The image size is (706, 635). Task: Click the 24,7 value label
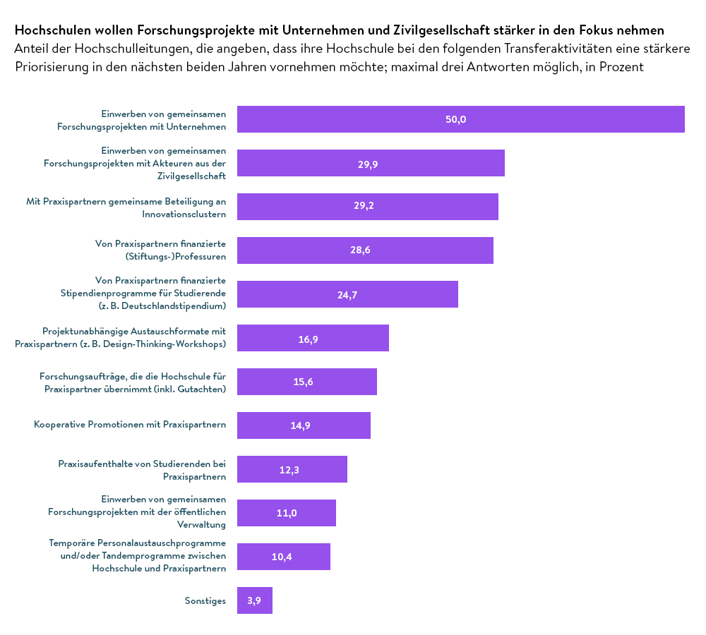347,295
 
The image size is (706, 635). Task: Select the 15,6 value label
303,382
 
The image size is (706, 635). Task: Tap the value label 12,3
289,470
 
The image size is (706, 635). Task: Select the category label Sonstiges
205,601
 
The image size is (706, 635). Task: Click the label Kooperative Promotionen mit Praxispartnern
130,425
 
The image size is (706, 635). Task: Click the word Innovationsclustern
184,213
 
